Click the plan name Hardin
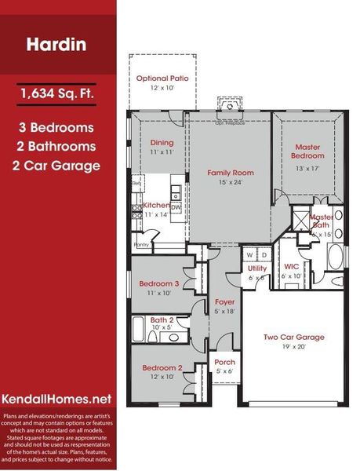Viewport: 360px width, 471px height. point(58,44)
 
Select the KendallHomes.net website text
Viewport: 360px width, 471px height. point(58,399)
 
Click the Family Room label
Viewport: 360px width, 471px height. point(231,172)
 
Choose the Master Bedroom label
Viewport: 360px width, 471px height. point(308,151)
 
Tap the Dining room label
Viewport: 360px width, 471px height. point(162,143)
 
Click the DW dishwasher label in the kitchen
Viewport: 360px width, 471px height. point(176,207)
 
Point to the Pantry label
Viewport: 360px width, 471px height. point(141,244)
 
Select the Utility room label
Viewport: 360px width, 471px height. point(257,268)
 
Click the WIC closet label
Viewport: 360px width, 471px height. point(291,268)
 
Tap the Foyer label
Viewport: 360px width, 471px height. point(224,301)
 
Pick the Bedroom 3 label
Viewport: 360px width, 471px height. point(159,283)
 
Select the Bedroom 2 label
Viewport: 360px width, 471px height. point(162,367)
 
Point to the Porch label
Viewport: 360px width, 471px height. point(224,362)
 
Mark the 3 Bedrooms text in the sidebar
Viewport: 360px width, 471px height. point(58,126)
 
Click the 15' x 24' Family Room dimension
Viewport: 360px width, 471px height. point(231,182)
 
